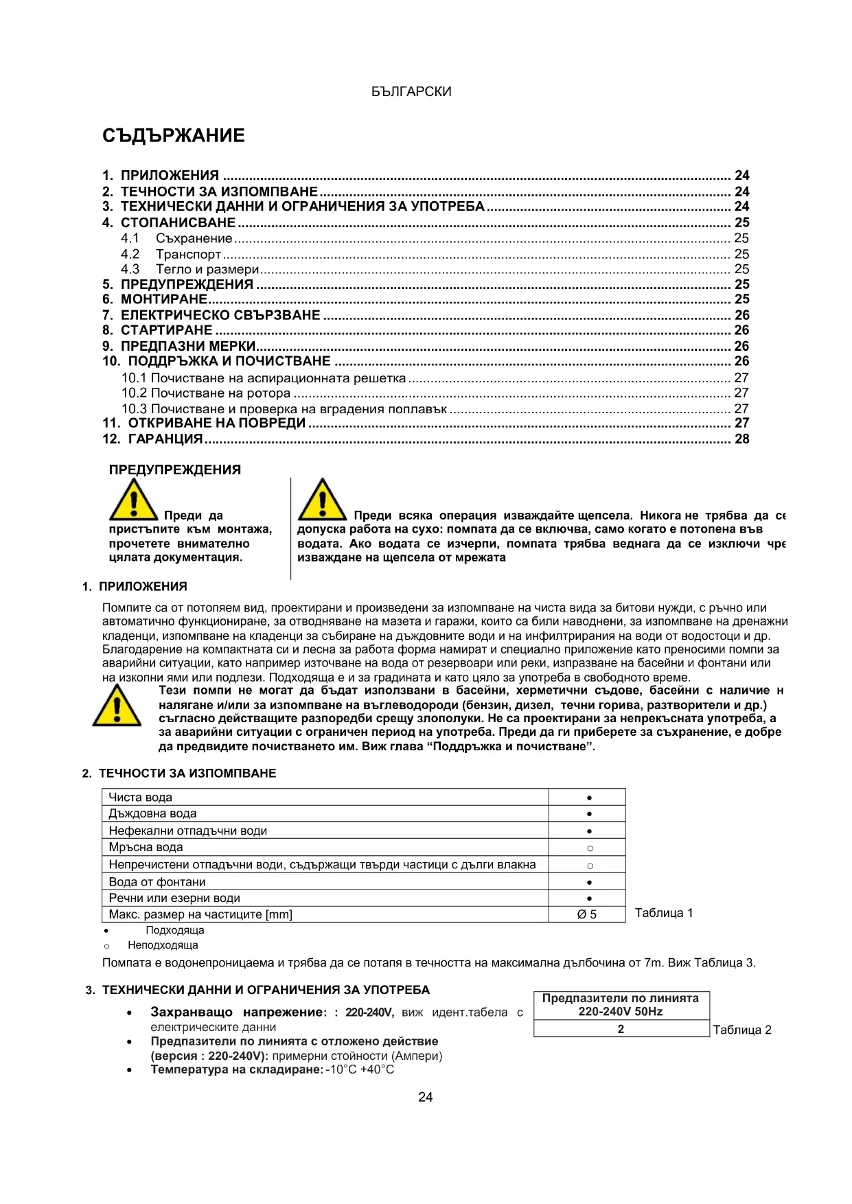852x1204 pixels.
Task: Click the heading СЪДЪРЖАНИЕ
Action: (173, 136)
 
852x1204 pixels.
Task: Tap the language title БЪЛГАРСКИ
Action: (411, 92)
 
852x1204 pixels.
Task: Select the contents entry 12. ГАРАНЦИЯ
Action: (152, 439)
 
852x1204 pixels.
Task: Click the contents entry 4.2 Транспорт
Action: (171, 255)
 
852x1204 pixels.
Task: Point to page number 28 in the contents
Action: (741, 439)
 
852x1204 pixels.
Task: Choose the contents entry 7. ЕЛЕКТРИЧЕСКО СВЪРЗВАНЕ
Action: (211, 316)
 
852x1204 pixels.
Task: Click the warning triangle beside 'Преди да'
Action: (133, 500)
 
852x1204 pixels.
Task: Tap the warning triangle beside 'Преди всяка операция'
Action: (321, 500)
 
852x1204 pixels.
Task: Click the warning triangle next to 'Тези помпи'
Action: (117, 706)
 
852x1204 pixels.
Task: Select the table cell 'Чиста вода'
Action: (141, 798)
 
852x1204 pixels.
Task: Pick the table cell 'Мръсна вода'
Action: (146, 848)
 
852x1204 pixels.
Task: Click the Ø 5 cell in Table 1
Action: (587, 915)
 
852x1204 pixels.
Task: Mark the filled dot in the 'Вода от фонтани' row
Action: (589, 882)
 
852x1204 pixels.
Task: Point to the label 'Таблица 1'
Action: (664, 914)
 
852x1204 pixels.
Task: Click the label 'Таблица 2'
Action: (742, 1030)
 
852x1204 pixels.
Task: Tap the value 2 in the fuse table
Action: (621, 1029)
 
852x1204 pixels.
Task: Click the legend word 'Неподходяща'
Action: (163, 946)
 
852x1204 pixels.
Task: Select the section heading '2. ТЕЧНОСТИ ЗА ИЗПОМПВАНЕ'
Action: (179, 774)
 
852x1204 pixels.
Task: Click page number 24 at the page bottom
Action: (426, 1098)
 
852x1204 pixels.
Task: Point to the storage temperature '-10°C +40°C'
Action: (360, 1070)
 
